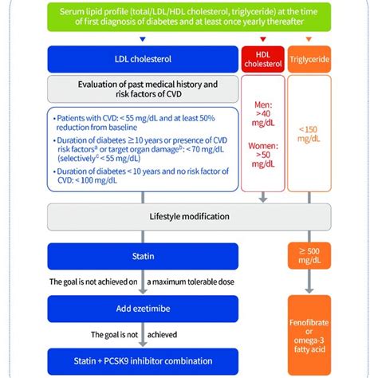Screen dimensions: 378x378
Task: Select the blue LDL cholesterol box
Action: (140, 57)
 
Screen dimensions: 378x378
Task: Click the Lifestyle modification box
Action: (189, 216)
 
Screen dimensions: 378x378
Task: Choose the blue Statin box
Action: (140, 257)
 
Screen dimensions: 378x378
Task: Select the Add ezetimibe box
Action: (140, 308)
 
